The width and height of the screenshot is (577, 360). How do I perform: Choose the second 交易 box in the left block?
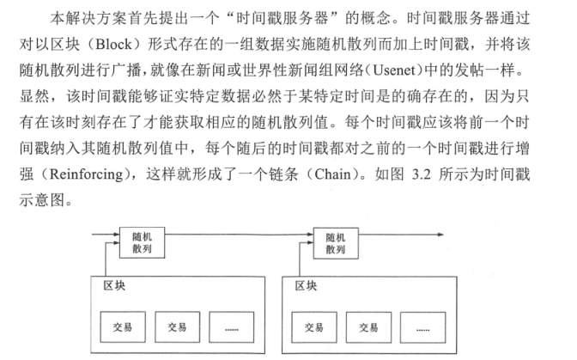point(178,326)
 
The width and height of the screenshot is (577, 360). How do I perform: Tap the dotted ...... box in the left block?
point(232,326)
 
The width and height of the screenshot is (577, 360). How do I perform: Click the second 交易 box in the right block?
point(368,326)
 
